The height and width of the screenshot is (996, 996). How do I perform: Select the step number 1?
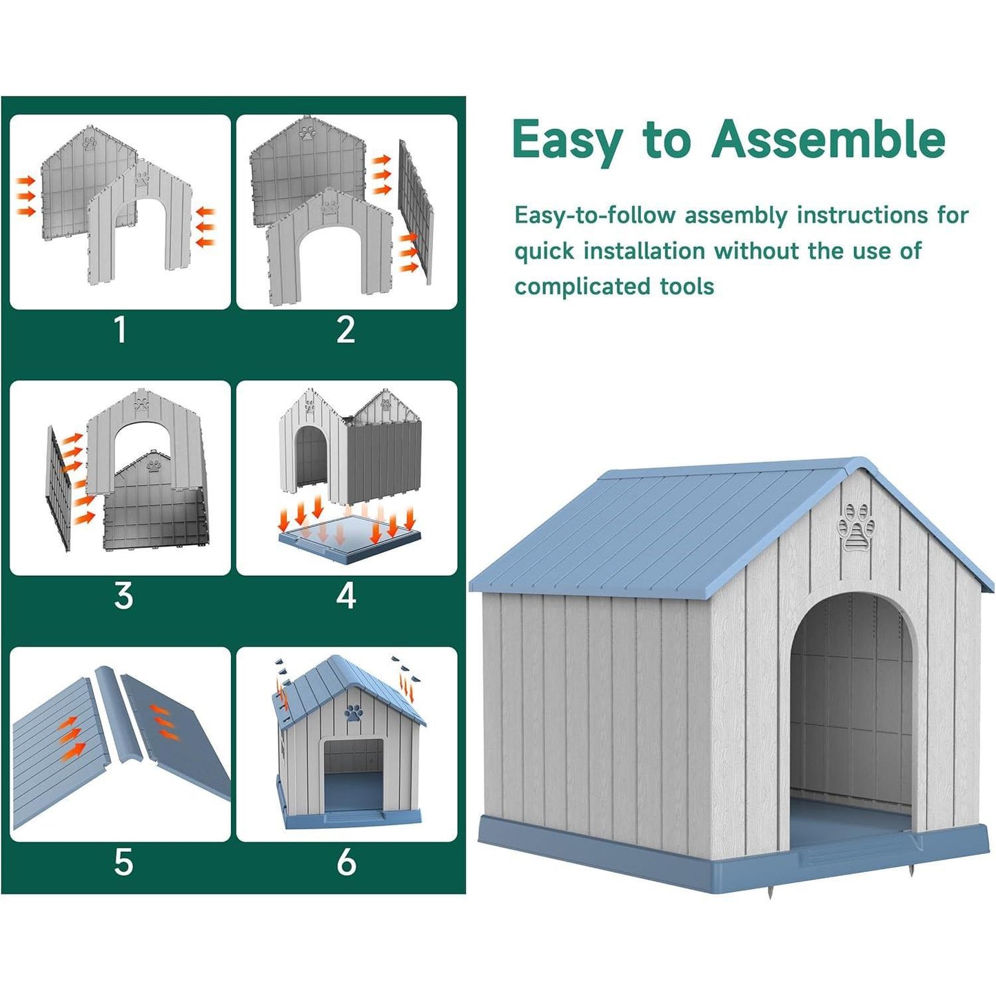click(x=121, y=329)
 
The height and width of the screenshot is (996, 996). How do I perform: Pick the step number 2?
click(x=346, y=329)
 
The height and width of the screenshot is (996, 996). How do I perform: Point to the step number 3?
click(x=123, y=596)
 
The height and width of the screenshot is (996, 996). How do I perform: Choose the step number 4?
click(x=346, y=596)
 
